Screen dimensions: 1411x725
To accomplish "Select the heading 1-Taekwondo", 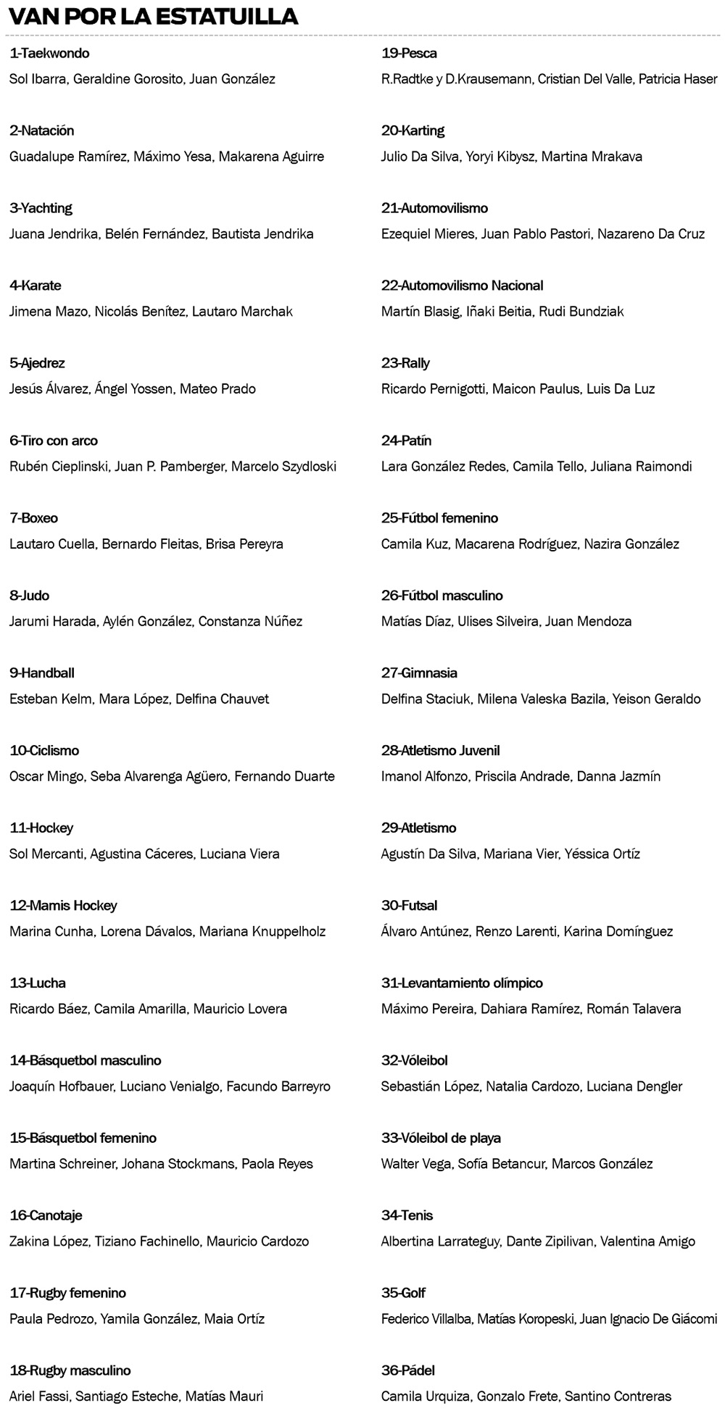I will click(49, 54).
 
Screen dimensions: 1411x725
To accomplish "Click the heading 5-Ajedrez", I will click(37, 363).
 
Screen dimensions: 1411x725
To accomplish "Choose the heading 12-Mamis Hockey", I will click(63, 905).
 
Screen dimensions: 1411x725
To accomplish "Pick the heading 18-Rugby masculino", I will click(70, 1370).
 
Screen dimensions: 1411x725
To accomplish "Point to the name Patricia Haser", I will click(678, 79).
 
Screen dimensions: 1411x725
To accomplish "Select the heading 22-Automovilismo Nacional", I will click(462, 286).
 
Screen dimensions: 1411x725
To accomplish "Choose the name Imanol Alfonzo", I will click(425, 776).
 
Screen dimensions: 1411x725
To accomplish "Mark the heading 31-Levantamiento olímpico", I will click(462, 983).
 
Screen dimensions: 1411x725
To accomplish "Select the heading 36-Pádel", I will click(408, 1370).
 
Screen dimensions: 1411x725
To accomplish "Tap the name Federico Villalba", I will click(426, 1319).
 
